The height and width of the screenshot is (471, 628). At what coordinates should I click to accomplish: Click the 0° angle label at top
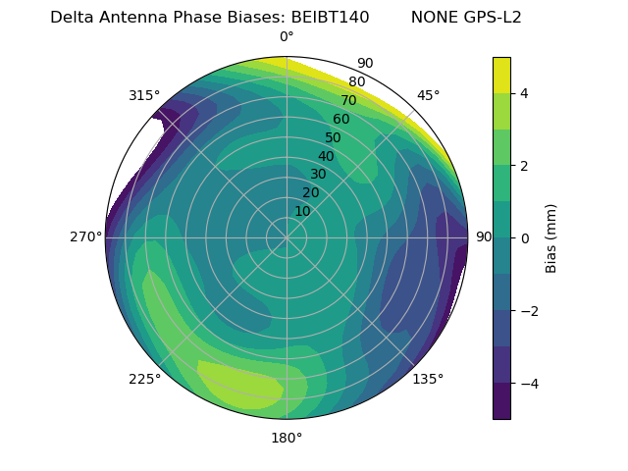click(x=287, y=37)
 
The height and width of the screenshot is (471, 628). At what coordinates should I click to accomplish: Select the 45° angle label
click(x=428, y=95)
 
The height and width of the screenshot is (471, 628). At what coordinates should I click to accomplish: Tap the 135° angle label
click(x=428, y=379)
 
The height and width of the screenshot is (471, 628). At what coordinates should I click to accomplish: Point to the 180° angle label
click(x=287, y=438)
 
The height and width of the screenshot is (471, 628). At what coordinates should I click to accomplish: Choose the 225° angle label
click(x=144, y=379)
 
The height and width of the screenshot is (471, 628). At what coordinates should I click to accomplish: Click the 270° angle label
click(x=85, y=237)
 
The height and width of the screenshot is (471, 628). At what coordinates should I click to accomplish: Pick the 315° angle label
click(x=144, y=95)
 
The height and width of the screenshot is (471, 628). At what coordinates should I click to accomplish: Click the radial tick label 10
click(x=302, y=211)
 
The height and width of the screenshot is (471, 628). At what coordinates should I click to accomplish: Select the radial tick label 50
click(x=333, y=138)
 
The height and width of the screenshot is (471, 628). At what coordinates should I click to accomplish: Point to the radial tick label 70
click(x=348, y=101)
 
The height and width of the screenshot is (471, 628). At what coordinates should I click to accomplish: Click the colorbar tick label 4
click(x=525, y=93)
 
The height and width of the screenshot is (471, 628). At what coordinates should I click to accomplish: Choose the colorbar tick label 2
click(x=525, y=166)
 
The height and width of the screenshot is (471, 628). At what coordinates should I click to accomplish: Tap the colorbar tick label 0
click(x=525, y=238)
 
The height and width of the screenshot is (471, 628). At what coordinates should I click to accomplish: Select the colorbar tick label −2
click(x=529, y=311)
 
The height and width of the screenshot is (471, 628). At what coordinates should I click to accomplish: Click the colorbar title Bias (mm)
click(x=551, y=237)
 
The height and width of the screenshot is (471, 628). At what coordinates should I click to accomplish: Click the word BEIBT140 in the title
click(x=330, y=18)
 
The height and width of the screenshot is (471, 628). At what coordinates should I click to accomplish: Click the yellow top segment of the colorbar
click(x=501, y=76)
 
